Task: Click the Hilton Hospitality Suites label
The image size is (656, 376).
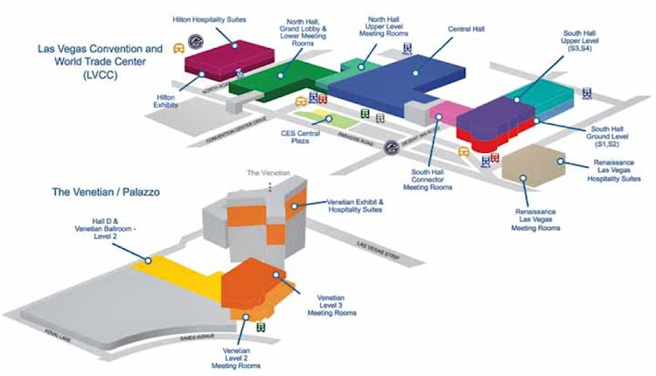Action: click(x=208, y=18)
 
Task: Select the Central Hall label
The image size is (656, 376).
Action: click(x=469, y=30)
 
